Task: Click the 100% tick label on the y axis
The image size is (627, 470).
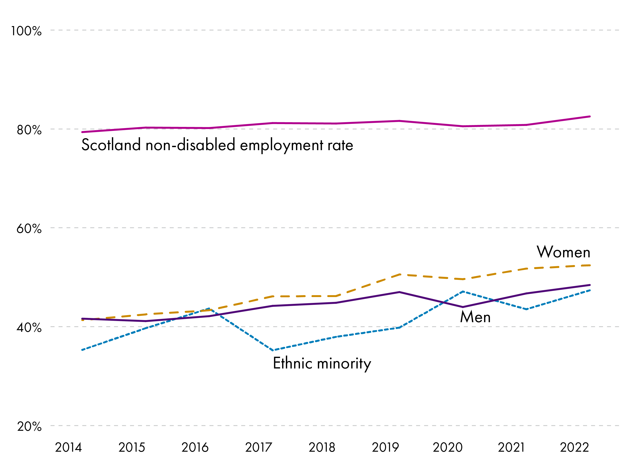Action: (26, 31)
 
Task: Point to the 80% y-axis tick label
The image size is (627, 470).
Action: (29, 130)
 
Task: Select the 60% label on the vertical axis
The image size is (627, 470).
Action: (29, 229)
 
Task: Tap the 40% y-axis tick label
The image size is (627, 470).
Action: (29, 328)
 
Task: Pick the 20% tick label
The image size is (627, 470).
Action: (29, 426)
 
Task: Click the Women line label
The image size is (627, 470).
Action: (564, 252)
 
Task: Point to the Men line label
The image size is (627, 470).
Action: (475, 317)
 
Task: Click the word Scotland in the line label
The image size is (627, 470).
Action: (111, 145)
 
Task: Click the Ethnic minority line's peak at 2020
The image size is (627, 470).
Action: (463, 291)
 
